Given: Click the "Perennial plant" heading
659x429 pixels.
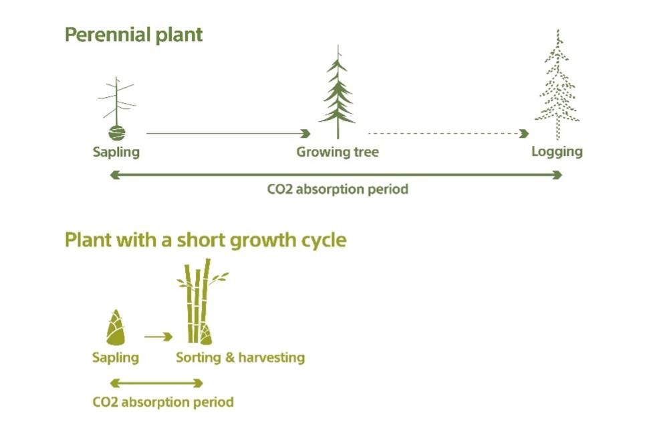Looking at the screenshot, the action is (x=134, y=35).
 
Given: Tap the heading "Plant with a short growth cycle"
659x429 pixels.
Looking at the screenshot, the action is (x=205, y=240).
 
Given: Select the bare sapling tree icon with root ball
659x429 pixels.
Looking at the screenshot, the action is (x=116, y=108).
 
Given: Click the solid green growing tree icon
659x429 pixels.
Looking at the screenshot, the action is (x=338, y=92).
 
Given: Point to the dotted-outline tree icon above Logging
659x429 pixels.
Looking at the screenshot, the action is (x=557, y=84).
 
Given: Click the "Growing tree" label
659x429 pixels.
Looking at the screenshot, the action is (x=338, y=152).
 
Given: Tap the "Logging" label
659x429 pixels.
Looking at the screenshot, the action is (x=557, y=152).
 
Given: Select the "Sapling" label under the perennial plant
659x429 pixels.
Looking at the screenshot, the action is (x=116, y=152).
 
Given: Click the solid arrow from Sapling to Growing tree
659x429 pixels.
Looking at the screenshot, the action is (x=228, y=133).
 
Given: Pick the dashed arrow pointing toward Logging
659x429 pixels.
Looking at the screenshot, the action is (x=448, y=133).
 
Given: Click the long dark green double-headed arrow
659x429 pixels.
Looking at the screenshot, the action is (x=336, y=175).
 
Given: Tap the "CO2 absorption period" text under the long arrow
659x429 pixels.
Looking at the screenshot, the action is (x=338, y=189).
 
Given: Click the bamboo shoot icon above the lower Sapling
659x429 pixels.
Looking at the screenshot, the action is (x=116, y=327).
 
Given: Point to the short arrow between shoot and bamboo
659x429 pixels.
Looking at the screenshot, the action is (x=158, y=337).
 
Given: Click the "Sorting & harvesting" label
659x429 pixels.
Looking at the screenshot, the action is (x=241, y=357).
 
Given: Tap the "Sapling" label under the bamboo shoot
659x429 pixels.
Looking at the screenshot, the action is (x=116, y=358).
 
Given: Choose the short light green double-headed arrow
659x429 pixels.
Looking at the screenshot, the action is (x=156, y=383).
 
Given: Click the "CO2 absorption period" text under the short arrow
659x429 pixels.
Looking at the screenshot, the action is (x=163, y=402).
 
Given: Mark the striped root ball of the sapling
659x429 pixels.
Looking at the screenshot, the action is (x=116, y=133).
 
